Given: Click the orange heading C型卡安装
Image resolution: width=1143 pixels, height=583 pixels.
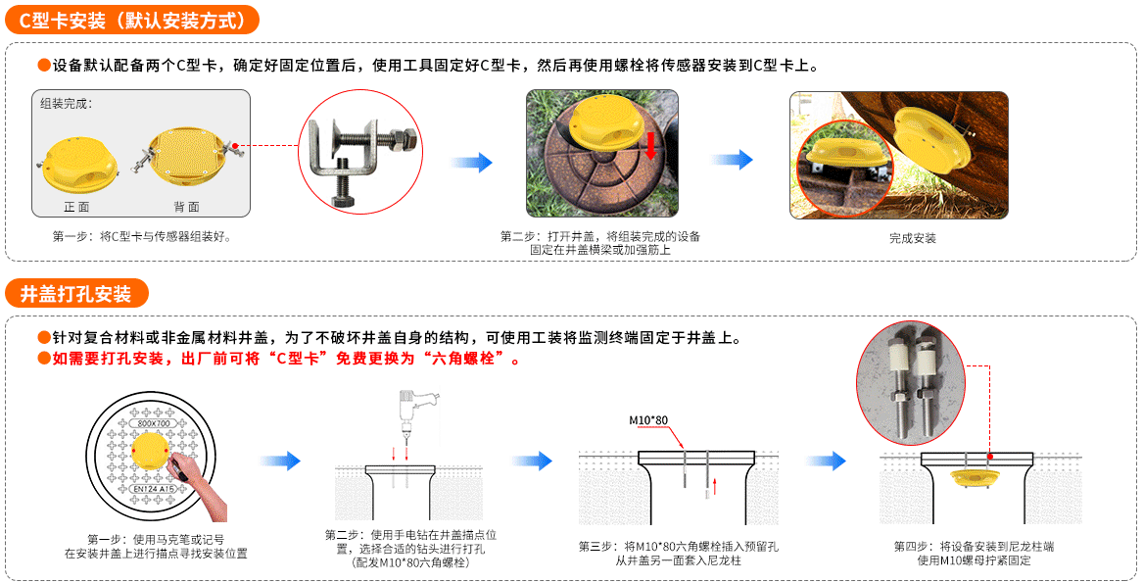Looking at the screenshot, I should coord(132,19).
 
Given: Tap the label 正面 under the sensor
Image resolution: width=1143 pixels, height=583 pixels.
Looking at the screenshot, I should coord(76,207).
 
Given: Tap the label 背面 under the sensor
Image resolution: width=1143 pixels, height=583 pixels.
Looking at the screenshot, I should coord(186,207).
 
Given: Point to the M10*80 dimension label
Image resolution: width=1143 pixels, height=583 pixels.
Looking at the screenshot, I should coord(647,420).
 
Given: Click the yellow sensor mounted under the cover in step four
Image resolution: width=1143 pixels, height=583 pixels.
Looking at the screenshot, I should coord(975,478).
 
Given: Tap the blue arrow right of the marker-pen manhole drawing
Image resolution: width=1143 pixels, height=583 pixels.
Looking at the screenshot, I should coord(279,461).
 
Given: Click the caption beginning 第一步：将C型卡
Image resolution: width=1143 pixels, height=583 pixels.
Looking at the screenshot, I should coord(141,236).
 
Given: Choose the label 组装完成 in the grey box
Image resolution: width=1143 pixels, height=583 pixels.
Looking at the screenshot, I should coord(66,103).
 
